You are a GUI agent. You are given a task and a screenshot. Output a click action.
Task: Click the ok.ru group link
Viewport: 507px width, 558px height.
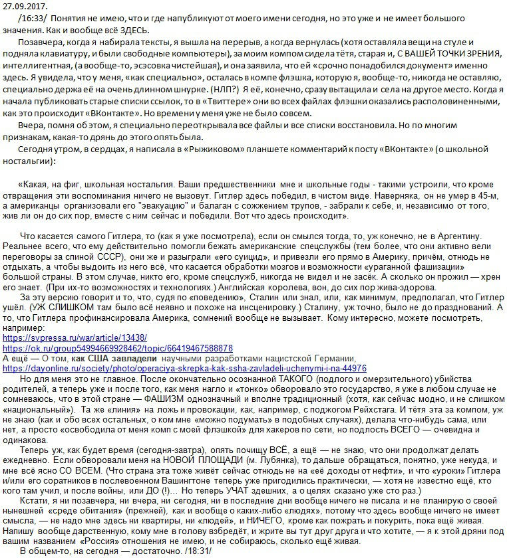tap(118, 348)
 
